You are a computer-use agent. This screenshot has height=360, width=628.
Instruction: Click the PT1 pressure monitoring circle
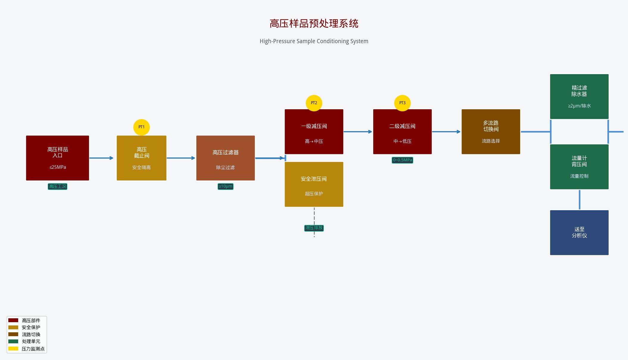point(141,127)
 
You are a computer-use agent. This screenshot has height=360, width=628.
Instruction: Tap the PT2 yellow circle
point(314,103)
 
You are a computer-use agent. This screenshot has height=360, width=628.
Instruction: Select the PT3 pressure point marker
point(402,103)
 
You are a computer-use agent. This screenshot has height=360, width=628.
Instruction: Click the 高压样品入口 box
point(57,158)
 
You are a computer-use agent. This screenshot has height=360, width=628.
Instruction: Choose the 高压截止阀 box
point(141,158)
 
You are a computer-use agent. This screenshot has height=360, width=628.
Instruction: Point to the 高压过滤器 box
point(225,158)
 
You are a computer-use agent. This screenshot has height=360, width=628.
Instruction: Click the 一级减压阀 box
point(314,132)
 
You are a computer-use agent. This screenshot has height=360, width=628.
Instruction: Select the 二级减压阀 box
point(402,132)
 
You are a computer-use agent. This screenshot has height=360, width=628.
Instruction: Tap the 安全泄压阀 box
point(314,184)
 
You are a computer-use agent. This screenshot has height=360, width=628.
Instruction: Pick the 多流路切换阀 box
point(491,132)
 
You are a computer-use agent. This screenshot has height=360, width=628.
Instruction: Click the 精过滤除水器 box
point(579,96)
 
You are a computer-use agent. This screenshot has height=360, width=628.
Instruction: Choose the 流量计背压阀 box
point(579,167)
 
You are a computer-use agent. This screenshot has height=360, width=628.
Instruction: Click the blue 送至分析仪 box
point(579,233)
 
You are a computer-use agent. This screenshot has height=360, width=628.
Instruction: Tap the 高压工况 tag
point(57,186)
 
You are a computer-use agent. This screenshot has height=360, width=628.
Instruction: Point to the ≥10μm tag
point(225,186)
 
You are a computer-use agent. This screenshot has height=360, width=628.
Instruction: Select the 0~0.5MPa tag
point(402,160)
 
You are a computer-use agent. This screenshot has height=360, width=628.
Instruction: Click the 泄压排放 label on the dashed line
point(314,228)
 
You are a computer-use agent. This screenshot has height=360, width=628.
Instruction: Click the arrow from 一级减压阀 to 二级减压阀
point(358,132)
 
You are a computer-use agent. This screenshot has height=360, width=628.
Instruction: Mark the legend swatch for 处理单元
point(13,341)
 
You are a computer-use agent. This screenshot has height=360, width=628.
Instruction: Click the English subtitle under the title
point(314,41)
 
